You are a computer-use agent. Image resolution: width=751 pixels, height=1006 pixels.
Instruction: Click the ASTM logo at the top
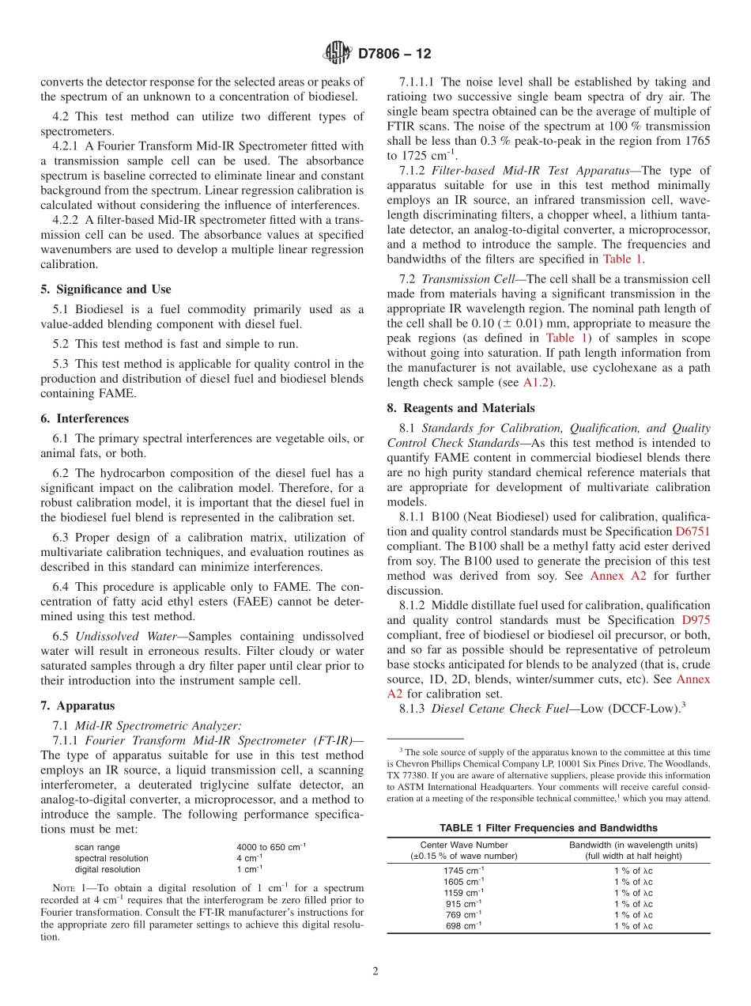coord(337,55)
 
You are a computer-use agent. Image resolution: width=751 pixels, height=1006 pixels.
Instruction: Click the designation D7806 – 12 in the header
coord(394,55)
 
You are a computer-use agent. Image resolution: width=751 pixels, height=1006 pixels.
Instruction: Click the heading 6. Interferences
coord(85,418)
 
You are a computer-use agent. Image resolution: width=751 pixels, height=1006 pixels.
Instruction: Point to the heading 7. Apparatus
coord(77,705)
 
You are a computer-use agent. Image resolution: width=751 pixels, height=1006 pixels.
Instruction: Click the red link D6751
coord(693,532)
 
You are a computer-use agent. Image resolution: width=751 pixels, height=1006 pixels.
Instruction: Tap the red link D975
coord(696,620)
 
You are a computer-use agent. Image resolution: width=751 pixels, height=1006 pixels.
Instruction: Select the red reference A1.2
coord(537,383)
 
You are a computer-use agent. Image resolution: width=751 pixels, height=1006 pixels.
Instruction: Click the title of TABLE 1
coord(548,828)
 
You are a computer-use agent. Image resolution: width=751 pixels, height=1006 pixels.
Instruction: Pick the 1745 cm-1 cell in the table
coord(464,871)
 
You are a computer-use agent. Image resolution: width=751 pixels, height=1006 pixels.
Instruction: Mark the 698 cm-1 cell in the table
coord(464,926)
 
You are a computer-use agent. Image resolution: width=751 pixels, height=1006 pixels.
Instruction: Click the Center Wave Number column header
coord(464,845)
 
